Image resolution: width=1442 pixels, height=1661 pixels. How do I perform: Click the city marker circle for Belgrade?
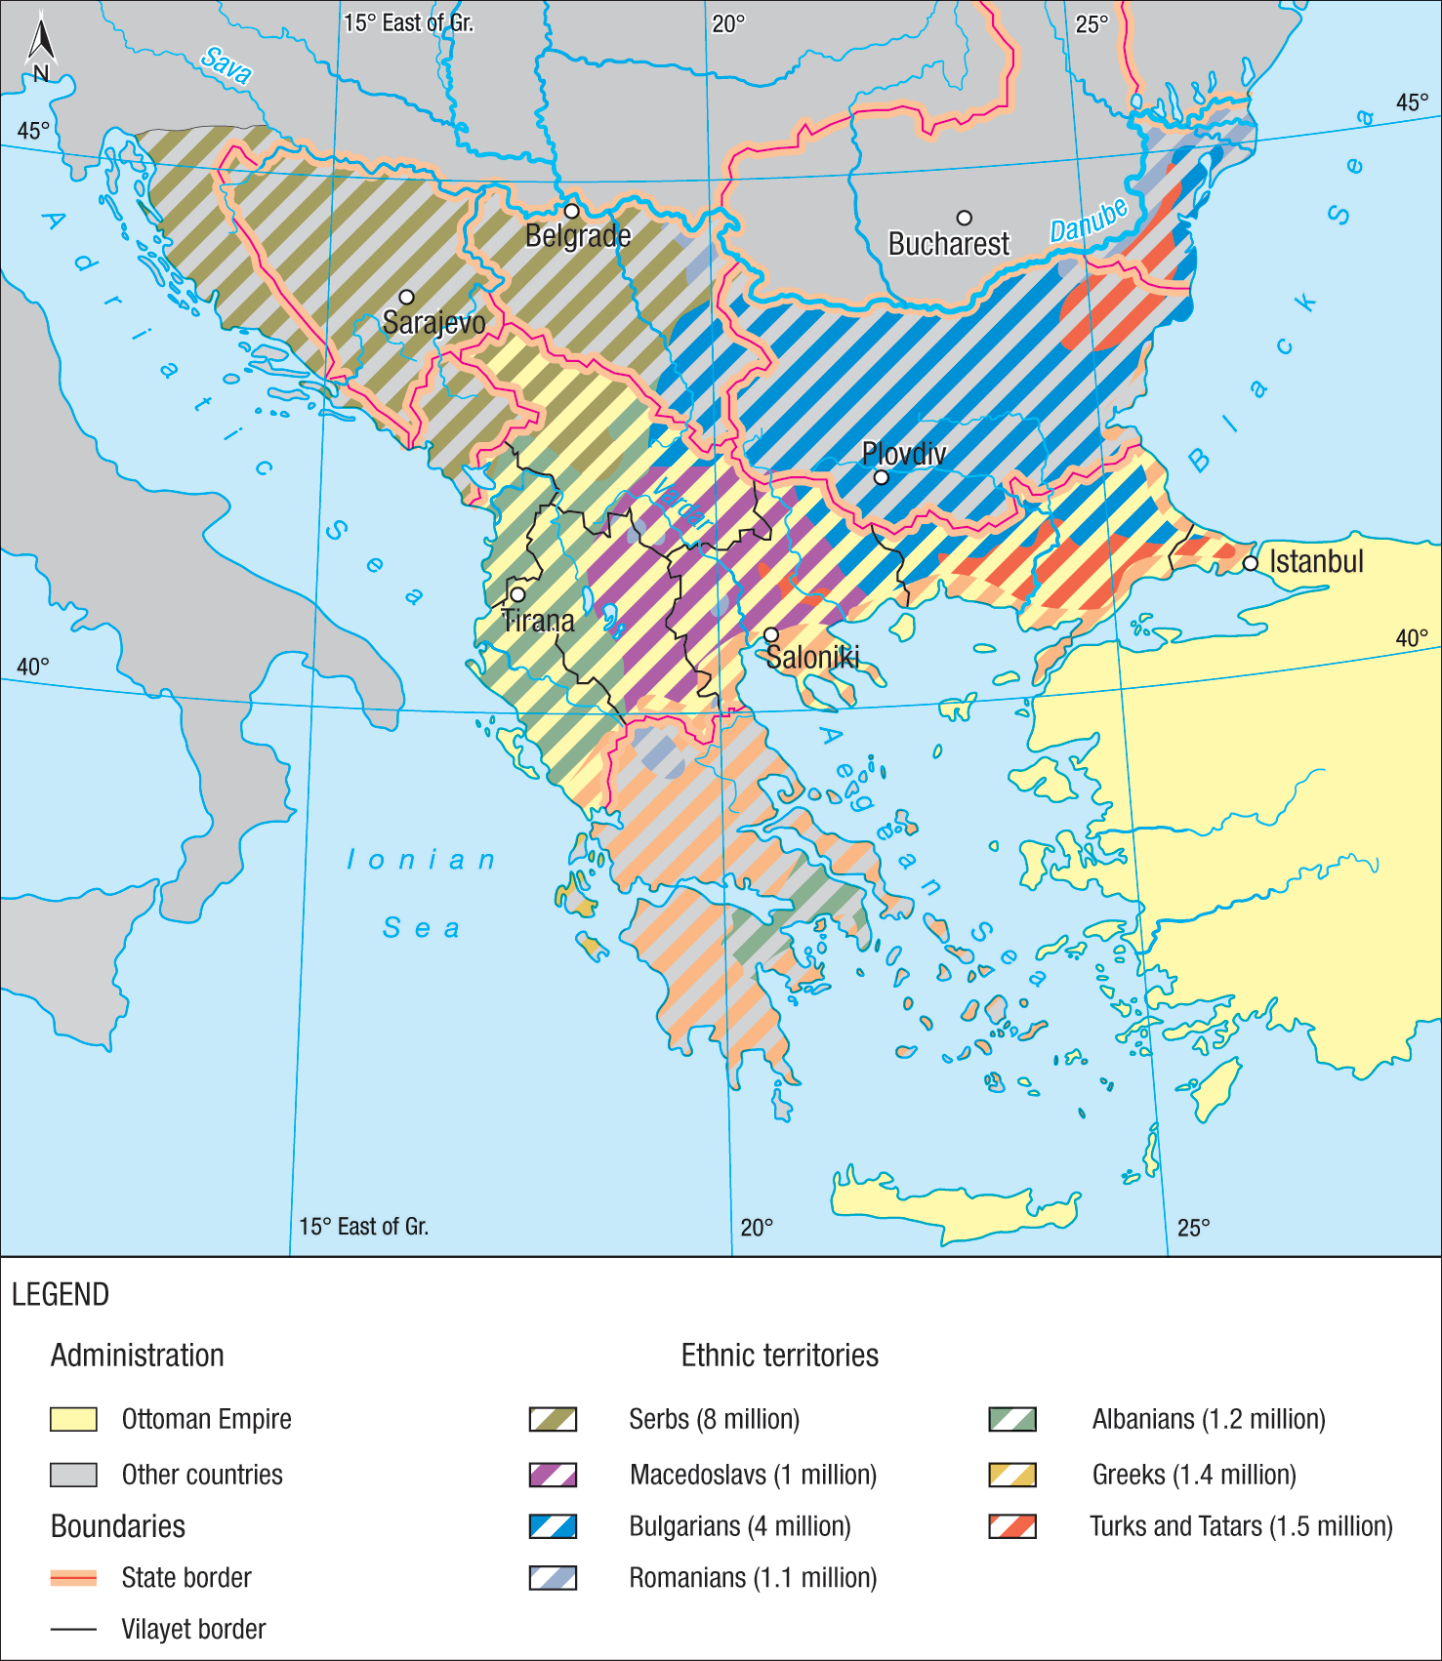pyautogui.click(x=572, y=211)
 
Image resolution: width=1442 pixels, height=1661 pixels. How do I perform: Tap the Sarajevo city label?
pyautogui.click(x=433, y=322)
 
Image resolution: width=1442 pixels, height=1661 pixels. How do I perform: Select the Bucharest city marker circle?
pyautogui.click(x=964, y=218)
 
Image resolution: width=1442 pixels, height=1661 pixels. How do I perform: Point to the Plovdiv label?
pyautogui.click(x=904, y=453)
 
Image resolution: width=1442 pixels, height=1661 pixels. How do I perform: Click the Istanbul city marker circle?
pyautogui.click(x=1250, y=563)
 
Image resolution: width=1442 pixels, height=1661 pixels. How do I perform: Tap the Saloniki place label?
pyautogui.click(x=812, y=658)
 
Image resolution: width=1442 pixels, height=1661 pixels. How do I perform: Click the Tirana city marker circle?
pyautogui.click(x=517, y=594)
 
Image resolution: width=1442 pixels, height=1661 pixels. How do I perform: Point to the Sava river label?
pyautogui.click(x=227, y=64)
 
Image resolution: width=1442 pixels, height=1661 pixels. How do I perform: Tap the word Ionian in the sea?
pyautogui.click(x=422, y=860)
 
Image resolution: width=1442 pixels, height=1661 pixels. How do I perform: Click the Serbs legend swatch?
pyautogui.click(x=553, y=1419)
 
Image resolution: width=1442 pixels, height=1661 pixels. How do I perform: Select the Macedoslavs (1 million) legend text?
pyautogui.click(x=753, y=1474)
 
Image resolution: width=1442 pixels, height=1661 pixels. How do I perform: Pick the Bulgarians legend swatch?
pyautogui.click(x=553, y=1525)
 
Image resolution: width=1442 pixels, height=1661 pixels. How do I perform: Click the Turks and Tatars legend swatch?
pyautogui.click(x=1012, y=1525)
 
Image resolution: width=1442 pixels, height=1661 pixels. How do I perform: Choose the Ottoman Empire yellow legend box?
pyautogui.click(x=73, y=1419)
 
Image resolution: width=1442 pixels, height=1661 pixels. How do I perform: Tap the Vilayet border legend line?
pyautogui.click(x=73, y=1629)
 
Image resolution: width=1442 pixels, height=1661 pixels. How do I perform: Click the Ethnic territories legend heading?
pyautogui.click(x=779, y=1355)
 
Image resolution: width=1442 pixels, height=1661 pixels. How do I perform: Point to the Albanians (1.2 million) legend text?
pyautogui.click(x=1208, y=1419)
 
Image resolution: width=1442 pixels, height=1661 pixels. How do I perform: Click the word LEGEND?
pyautogui.click(x=61, y=1294)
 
